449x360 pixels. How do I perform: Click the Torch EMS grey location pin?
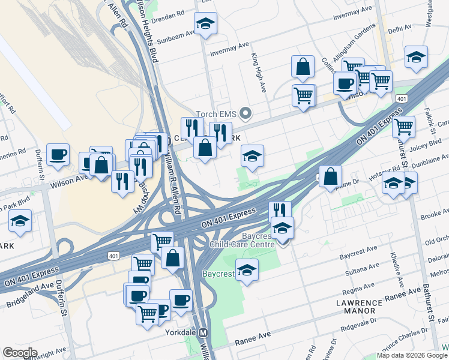coord(245,113)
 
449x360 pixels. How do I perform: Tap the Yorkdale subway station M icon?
coord(204,332)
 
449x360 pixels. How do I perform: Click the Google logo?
coord(20,353)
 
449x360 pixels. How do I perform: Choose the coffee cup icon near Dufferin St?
coord(58,154)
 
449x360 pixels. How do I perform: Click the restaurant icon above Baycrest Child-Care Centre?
coord(280,210)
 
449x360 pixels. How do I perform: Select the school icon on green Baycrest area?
coord(247,270)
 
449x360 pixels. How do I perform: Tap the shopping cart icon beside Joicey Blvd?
coord(404,126)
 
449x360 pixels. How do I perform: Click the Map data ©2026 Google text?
coord(411,355)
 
